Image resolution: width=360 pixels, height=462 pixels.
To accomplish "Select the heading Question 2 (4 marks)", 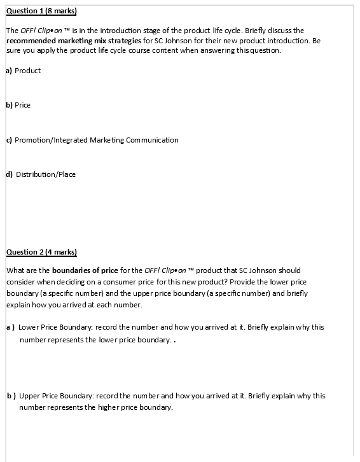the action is point(41,252).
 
